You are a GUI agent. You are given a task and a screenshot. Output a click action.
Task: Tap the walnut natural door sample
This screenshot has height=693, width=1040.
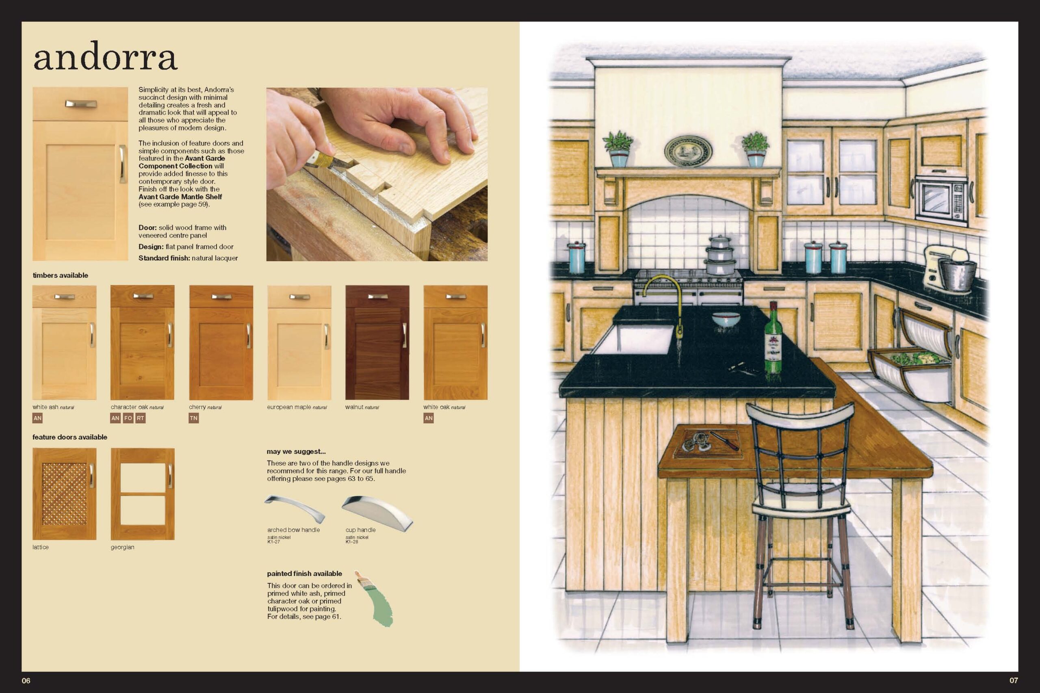point(377,342)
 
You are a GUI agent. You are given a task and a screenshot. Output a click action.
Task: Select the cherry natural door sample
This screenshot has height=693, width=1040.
point(221,342)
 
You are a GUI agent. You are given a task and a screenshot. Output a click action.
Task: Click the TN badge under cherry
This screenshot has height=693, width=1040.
point(194,418)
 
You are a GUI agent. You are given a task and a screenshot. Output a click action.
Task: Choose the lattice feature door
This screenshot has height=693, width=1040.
point(65,494)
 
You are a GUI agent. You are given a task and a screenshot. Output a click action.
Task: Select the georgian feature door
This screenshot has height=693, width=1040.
point(142,494)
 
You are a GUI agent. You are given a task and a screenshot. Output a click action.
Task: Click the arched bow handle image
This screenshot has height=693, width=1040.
point(295,508)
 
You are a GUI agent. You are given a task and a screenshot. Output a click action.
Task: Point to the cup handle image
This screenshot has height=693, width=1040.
point(377,513)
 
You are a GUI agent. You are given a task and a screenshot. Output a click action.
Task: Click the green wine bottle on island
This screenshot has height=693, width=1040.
point(773,338)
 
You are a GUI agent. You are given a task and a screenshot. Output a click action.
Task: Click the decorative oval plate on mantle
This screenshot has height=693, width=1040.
point(688,151)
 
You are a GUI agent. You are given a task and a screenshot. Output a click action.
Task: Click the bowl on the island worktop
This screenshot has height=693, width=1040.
point(726,319)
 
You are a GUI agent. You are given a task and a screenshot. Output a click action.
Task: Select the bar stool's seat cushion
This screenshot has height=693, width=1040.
point(800,508)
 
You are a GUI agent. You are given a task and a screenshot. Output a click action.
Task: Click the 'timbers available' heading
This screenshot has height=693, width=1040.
point(61,275)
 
